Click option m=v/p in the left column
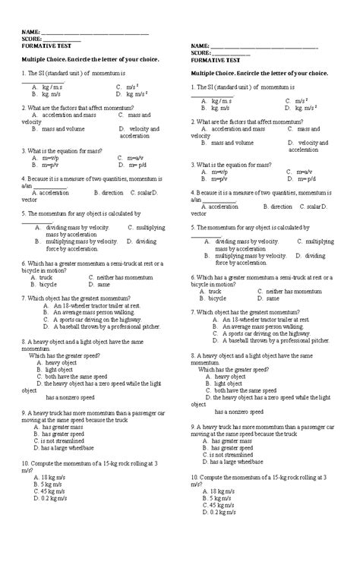pos(49,158)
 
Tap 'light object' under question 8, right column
pos(228,384)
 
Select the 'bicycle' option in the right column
pos(222,298)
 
